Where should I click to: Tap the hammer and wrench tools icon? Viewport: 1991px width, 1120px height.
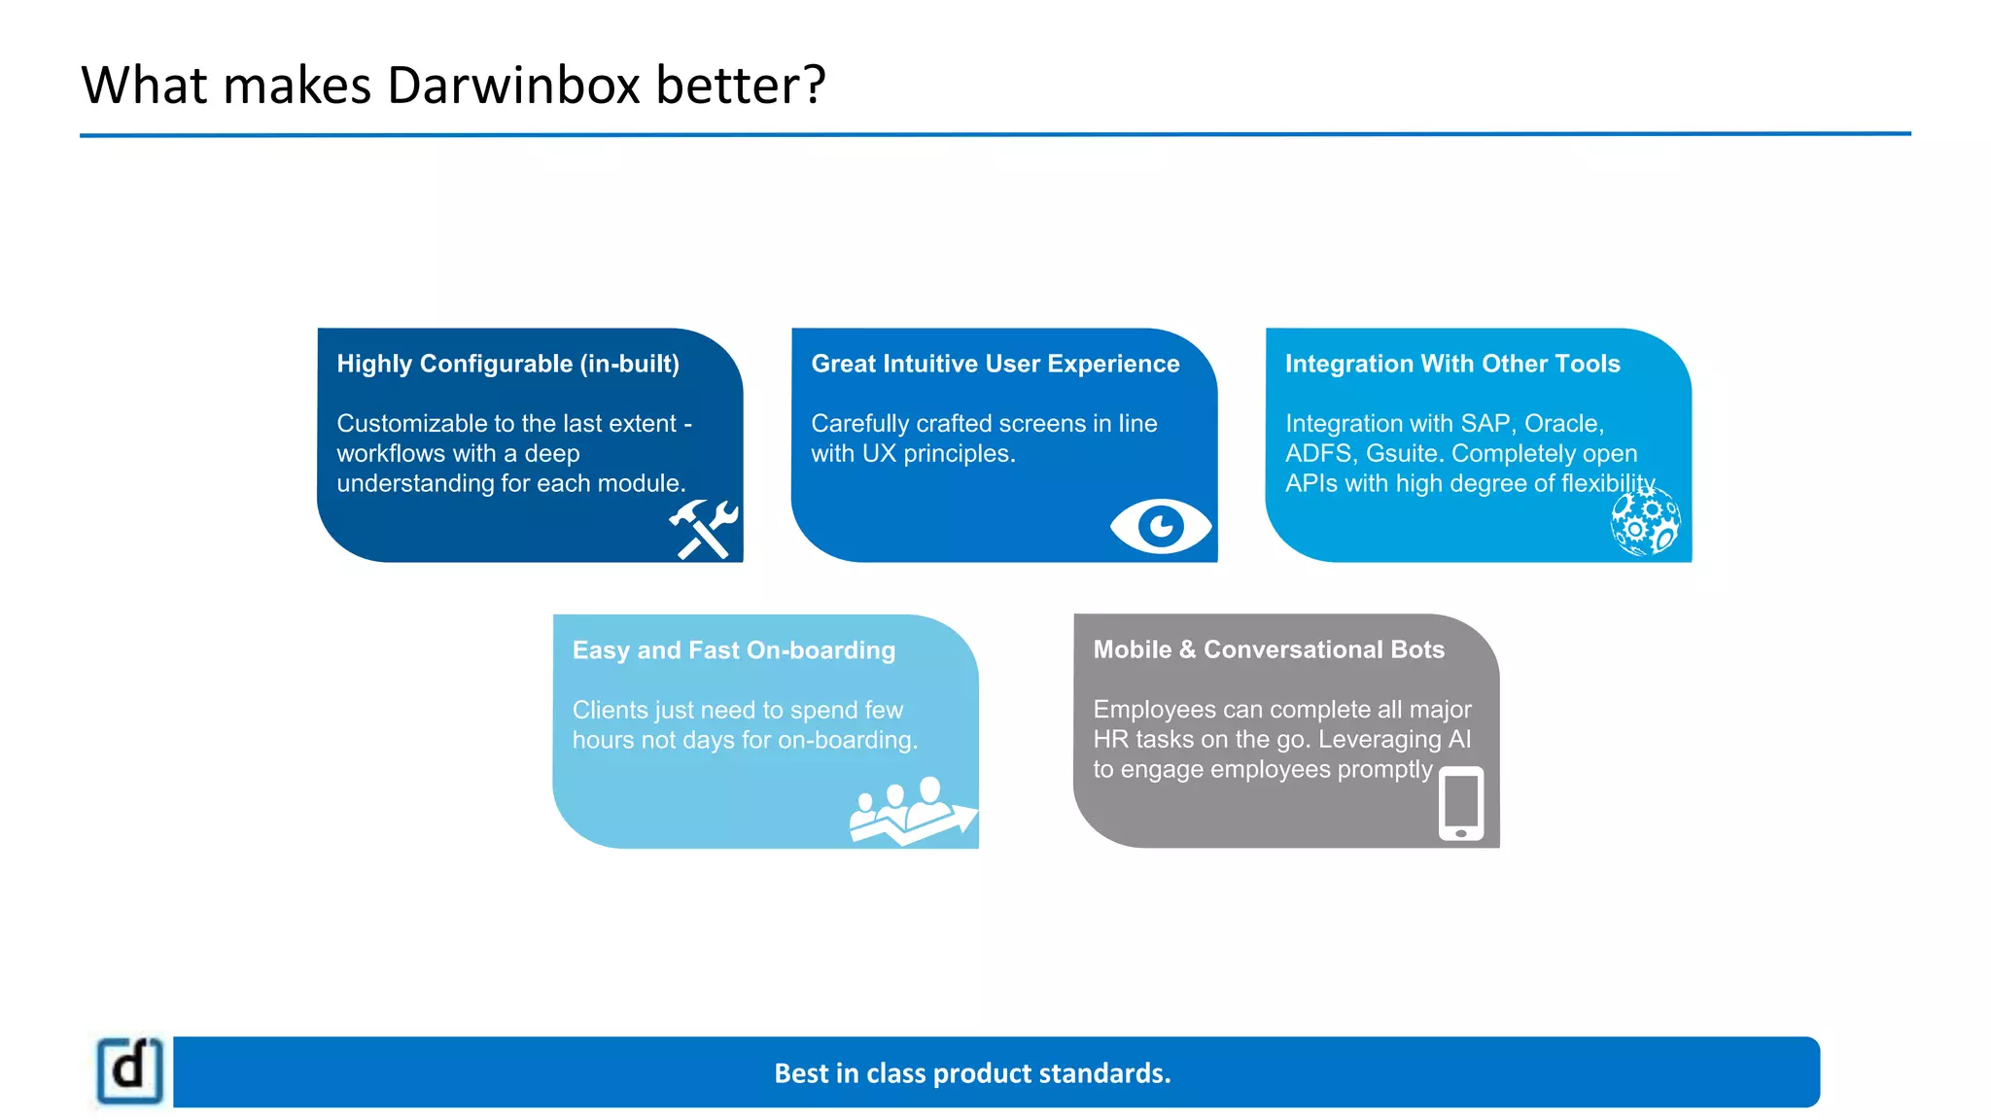(704, 529)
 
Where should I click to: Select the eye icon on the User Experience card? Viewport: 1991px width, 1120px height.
(1160, 526)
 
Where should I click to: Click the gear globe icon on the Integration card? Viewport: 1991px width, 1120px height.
(1645, 522)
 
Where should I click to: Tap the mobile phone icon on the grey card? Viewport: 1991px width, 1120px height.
(1460, 803)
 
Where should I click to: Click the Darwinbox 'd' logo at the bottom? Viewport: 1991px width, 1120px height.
(130, 1070)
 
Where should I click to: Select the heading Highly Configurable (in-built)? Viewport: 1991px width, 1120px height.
(507, 364)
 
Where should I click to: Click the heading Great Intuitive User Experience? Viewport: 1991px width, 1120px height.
(995, 364)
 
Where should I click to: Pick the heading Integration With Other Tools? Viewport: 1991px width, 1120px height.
(1452, 364)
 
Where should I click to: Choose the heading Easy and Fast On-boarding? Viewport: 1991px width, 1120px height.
(733, 650)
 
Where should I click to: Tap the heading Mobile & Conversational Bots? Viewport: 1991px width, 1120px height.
(1269, 649)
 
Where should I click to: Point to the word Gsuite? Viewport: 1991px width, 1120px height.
(1401, 454)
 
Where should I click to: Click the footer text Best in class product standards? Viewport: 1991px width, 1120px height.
(972, 1073)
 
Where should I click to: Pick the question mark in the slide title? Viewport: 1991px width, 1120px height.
(814, 86)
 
